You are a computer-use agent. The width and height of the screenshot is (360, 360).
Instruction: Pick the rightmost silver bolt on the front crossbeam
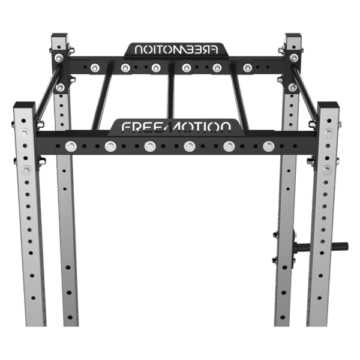pos(268,145)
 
